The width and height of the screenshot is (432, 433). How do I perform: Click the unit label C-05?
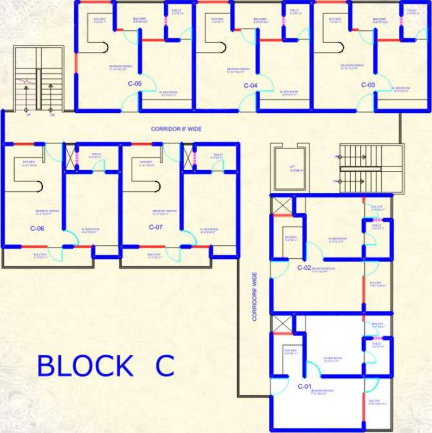click(134, 85)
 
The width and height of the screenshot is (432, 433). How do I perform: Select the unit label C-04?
click(251, 86)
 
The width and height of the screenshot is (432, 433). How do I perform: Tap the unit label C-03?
click(368, 85)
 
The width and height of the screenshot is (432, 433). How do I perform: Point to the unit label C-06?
click(37, 228)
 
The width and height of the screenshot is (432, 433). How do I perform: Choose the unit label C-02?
click(304, 267)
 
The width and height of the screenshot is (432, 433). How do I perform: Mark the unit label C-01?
click(304, 387)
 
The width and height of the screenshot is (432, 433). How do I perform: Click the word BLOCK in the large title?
click(85, 366)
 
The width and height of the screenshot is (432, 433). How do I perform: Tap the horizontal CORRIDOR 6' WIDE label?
click(176, 129)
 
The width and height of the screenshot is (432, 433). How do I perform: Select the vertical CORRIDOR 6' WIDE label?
click(255, 297)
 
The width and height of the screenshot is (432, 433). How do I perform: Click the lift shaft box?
click(289, 167)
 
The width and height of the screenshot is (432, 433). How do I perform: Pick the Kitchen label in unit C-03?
click(335, 20)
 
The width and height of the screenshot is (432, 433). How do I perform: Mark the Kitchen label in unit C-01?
click(291, 352)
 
